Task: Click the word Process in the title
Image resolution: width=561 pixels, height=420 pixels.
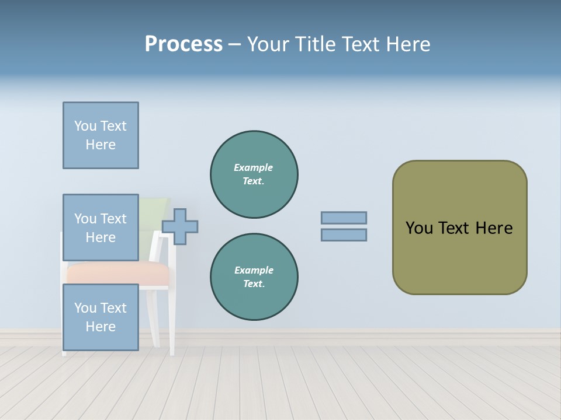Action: tap(183, 44)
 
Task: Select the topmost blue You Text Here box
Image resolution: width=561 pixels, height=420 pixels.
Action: tap(101, 135)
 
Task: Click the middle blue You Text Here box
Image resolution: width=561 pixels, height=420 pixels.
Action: tap(101, 228)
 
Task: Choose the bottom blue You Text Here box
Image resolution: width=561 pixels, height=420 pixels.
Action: tap(101, 317)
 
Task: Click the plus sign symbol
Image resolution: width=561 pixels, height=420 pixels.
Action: tap(180, 226)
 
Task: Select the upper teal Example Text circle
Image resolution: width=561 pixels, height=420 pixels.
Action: tap(254, 174)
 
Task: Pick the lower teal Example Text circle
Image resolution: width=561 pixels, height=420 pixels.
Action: tap(254, 277)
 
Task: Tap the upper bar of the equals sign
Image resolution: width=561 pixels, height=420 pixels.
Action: tap(344, 218)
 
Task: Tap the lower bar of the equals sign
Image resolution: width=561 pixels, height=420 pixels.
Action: tap(344, 235)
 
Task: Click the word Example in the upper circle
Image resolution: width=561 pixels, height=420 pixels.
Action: tap(254, 167)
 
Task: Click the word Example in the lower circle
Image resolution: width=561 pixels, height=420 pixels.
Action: tap(254, 270)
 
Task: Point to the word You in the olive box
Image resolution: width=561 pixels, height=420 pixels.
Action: tap(418, 228)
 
